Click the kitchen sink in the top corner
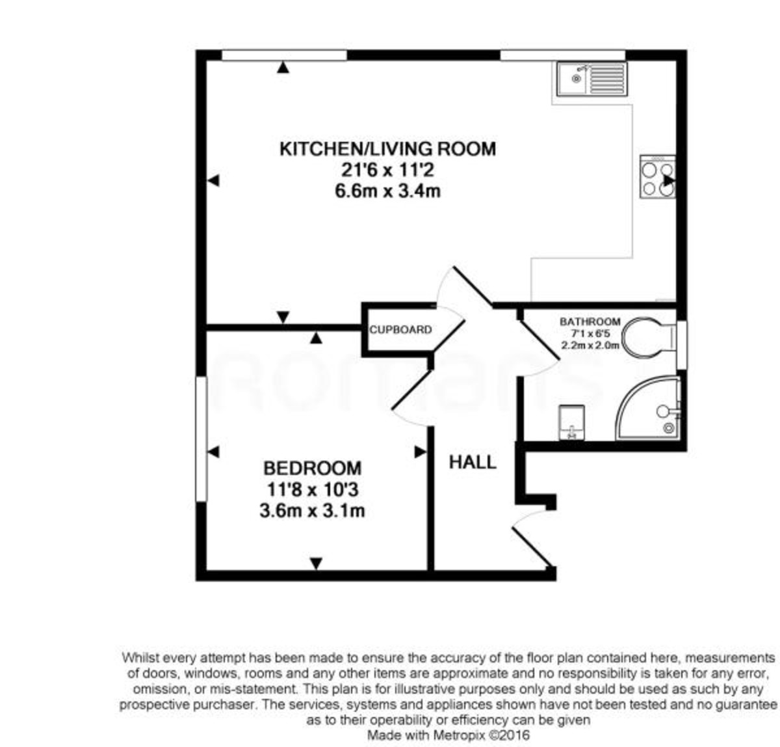click(x=591, y=79)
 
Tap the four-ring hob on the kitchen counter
click(x=657, y=176)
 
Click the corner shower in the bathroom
click(x=650, y=410)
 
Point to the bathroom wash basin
click(x=571, y=422)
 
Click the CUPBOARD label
click(x=400, y=330)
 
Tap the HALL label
click(x=473, y=462)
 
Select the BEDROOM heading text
click(x=312, y=468)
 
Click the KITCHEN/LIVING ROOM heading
click(x=387, y=149)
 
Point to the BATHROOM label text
click(x=590, y=321)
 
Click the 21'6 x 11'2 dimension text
click(x=387, y=170)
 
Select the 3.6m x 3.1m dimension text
click(x=312, y=511)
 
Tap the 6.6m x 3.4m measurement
click(x=387, y=192)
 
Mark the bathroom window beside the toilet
click(x=682, y=344)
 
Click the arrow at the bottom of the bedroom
click(x=316, y=564)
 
